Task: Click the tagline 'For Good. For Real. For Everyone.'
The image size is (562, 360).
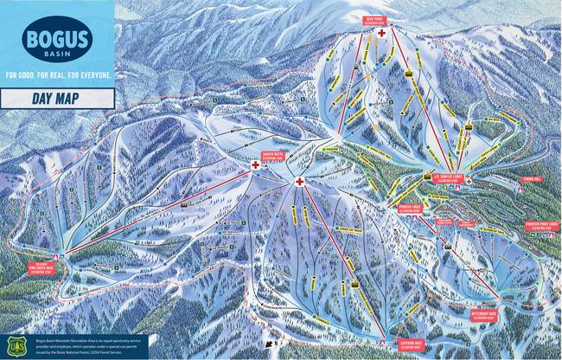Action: click(x=57, y=75)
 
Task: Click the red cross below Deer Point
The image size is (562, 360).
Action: click(x=380, y=33)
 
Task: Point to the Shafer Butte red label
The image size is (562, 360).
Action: click(x=274, y=157)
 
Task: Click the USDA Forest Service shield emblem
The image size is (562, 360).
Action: click(x=12, y=346)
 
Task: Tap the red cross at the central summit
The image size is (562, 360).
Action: click(x=299, y=183)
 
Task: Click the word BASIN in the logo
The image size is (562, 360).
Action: click(x=57, y=52)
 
